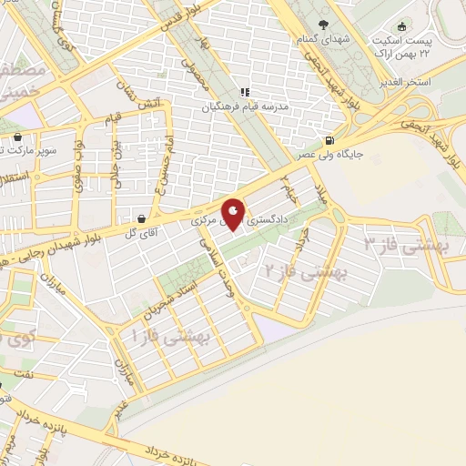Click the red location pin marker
[234, 215]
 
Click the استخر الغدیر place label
[431, 82]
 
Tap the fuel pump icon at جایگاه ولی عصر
[329, 141]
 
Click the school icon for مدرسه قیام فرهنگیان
[244, 92]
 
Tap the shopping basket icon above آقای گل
[143, 219]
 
